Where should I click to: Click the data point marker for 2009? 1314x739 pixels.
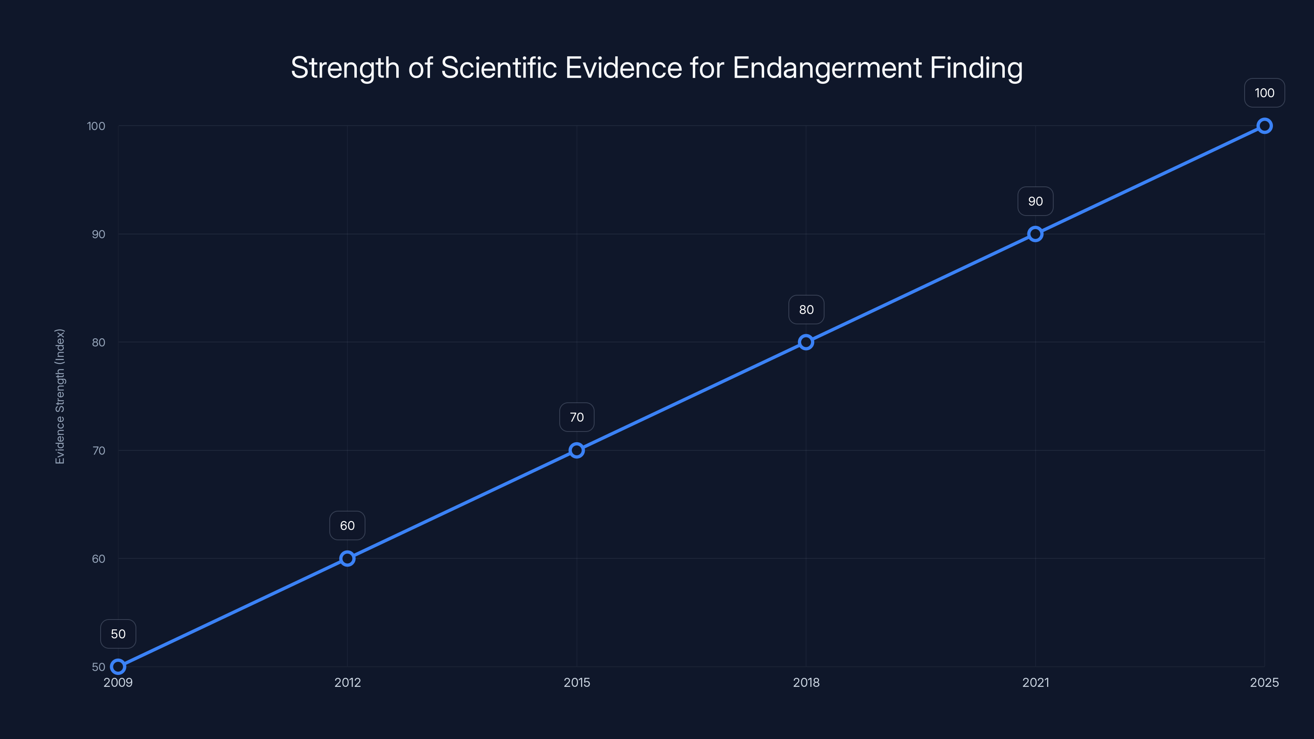click(118, 667)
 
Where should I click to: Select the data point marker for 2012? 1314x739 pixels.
click(347, 558)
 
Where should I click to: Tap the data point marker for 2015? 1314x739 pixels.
click(577, 450)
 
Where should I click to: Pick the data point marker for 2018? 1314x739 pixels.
click(806, 342)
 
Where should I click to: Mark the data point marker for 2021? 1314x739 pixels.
click(1035, 234)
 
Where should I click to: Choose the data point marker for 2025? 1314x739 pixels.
click(1265, 126)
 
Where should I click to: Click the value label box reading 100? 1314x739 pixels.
click(1265, 93)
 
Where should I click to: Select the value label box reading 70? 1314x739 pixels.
click(577, 417)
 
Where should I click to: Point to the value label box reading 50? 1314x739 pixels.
click(118, 634)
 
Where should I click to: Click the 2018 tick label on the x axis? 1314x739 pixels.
click(806, 682)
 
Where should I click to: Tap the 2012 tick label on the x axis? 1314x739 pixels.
click(347, 682)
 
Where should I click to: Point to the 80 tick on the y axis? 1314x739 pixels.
click(99, 342)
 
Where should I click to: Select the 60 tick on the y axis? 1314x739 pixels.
click(99, 558)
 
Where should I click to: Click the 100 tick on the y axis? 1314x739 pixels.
click(96, 126)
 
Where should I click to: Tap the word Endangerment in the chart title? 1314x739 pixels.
click(827, 68)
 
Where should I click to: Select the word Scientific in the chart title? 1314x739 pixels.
click(498, 68)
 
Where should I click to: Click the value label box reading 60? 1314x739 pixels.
click(347, 526)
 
